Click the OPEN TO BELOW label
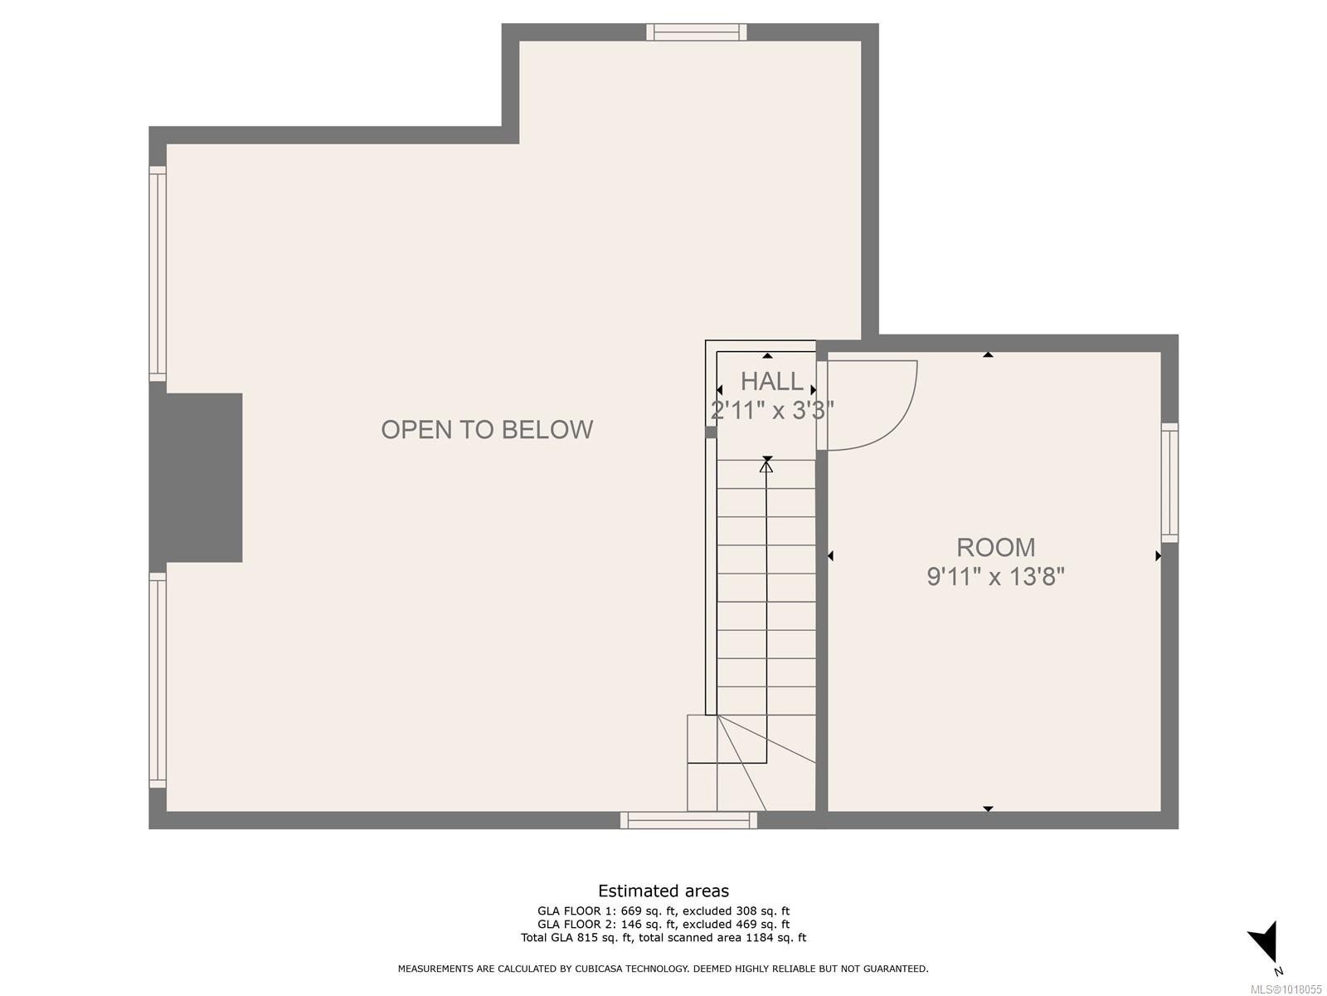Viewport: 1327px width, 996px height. tap(487, 429)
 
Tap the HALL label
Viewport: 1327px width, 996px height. tap(771, 382)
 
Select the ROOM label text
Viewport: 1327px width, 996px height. tap(995, 548)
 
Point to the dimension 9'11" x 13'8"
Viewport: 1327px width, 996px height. tap(995, 576)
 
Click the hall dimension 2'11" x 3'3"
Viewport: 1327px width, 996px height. tap(771, 410)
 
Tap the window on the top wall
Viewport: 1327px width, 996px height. tap(697, 32)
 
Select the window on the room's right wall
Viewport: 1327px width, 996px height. tap(1169, 482)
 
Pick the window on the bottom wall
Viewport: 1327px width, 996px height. tap(688, 820)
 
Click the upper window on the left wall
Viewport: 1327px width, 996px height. tap(158, 274)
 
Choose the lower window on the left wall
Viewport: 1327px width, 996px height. tap(158, 680)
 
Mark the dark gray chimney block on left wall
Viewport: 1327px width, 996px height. tap(197, 477)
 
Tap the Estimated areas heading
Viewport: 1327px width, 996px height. tap(663, 891)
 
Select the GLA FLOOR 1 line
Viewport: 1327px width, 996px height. tap(663, 911)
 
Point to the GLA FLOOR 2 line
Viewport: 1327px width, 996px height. tap(663, 924)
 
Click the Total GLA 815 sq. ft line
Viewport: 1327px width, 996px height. tap(663, 938)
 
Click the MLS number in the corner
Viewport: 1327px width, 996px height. tap(1286, 989)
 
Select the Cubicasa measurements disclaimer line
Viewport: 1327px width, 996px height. tap(663, 969)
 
